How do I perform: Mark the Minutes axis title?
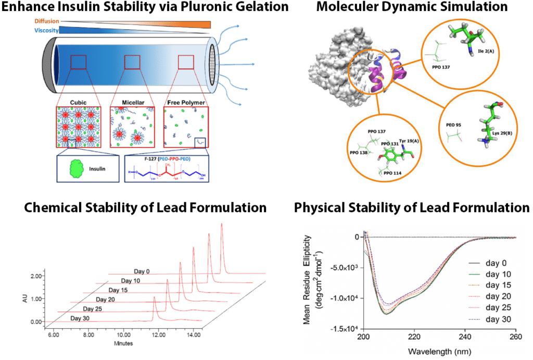124,343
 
